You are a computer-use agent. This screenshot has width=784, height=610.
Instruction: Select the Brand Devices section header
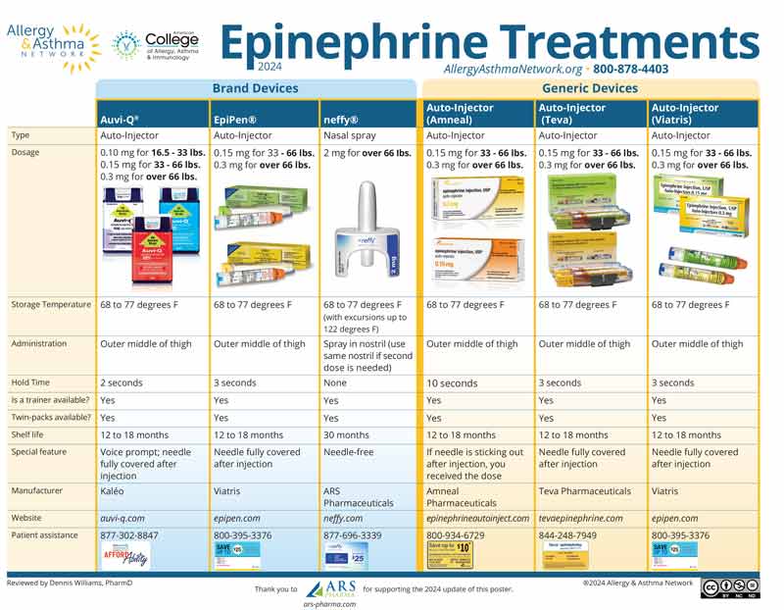coord(257,88)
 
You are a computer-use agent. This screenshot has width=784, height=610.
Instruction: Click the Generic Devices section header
coord(590,88)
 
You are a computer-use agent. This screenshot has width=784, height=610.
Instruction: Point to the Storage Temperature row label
coord(50,305)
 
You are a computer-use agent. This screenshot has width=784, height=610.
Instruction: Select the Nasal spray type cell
coord(350,136)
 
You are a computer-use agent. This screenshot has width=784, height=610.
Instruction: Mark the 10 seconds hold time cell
coord(452,383)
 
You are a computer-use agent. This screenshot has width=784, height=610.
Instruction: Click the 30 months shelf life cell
coord(347,434)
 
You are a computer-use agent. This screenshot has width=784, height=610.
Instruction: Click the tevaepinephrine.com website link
coord(580,518)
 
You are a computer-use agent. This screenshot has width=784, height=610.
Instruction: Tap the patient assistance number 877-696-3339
coord(354,535)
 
